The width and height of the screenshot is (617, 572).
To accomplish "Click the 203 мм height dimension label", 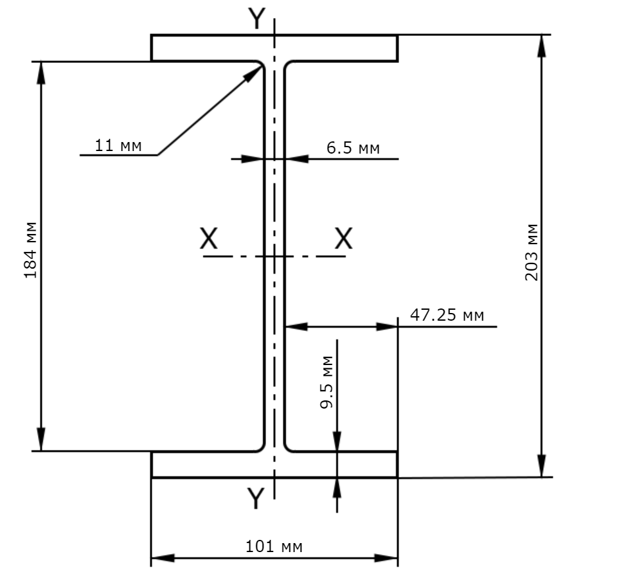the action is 532,252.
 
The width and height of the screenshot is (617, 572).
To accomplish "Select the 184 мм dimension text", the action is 30,250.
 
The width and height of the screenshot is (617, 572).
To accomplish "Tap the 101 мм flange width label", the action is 274,546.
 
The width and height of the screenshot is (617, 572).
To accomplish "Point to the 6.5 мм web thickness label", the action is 353,148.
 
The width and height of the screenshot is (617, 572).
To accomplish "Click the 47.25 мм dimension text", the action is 447,315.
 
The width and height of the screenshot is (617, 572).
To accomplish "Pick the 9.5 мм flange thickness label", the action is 326,382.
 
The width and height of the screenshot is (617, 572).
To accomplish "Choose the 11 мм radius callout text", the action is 118,145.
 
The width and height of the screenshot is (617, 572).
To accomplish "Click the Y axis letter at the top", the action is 257,19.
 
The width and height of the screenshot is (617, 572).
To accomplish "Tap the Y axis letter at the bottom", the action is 256,498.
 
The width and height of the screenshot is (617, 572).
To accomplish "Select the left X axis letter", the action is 208,238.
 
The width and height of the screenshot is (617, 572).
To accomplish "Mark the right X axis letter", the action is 343,238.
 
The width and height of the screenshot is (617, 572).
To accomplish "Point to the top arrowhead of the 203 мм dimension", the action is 542,45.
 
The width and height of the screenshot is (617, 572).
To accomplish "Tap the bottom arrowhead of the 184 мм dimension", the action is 41,440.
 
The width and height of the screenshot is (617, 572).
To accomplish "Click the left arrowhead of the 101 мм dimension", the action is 163,558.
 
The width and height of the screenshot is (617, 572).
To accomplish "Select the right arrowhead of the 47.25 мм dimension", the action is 387,326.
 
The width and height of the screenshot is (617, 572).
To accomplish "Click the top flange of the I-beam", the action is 274,48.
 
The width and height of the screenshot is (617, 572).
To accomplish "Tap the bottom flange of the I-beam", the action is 274,465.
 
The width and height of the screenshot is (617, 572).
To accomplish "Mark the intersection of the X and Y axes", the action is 274,256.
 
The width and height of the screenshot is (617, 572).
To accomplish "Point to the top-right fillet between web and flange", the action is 287,64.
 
